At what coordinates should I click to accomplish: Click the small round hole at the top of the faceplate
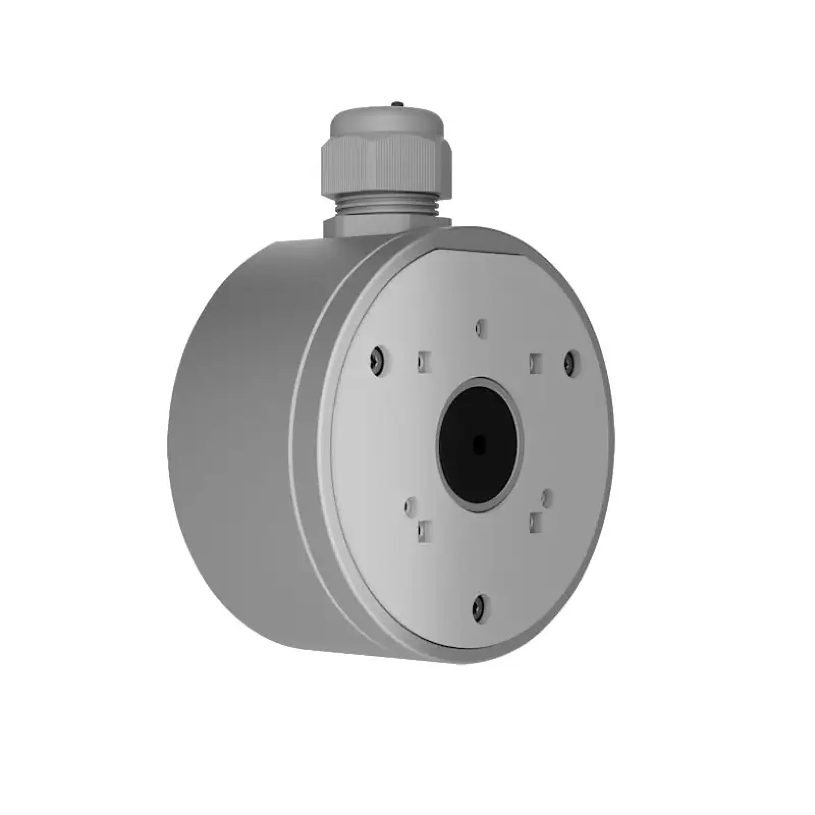[478, 328]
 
